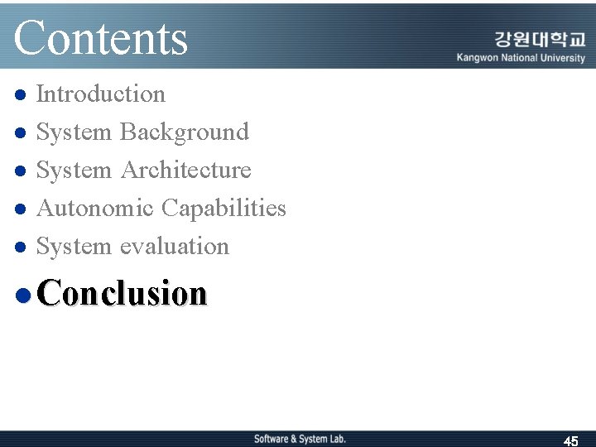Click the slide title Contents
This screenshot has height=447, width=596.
tap(101, 38)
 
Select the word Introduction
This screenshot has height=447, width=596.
tap(101, 94)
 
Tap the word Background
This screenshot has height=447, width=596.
tap(184, 132)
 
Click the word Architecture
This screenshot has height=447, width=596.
tap(185, 171)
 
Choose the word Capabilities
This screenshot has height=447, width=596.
tap(223, 209)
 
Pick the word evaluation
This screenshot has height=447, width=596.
tap(174, 247)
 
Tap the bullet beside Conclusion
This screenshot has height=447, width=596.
tap(22, 295)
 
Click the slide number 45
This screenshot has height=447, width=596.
tap(570, 441)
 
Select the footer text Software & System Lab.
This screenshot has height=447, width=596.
tap(300, 439)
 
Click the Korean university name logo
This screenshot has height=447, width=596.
tap(539, 39)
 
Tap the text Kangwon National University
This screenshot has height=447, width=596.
tap(521, 58)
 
